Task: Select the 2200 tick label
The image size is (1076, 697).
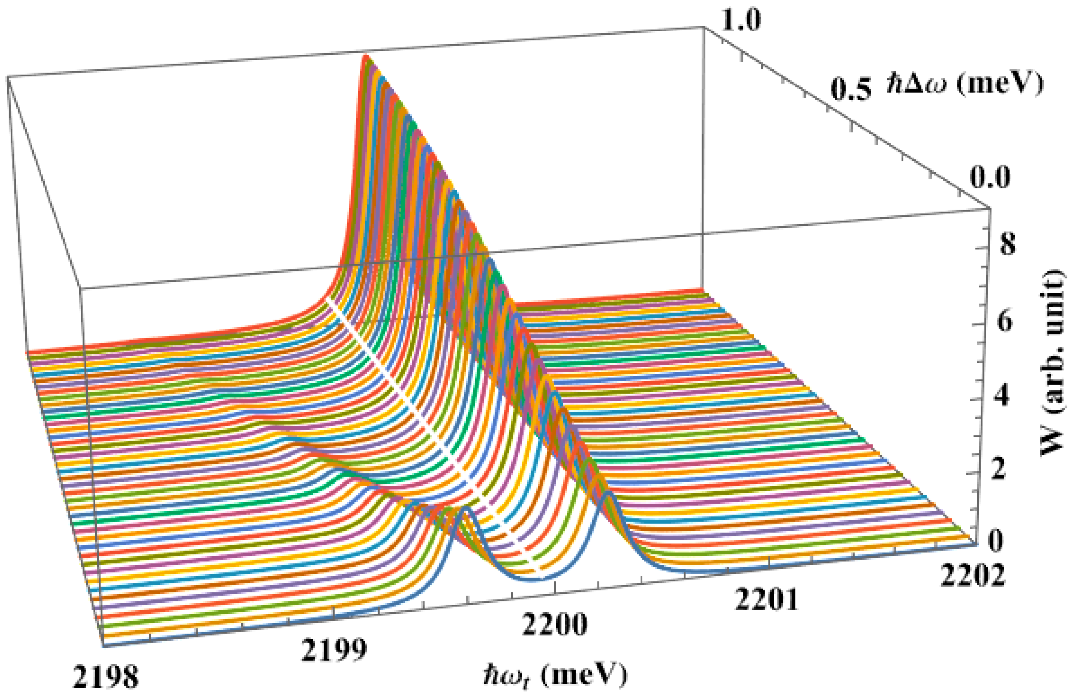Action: (x=554, y=624)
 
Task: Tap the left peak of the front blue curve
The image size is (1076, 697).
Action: (x=466, y=509)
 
